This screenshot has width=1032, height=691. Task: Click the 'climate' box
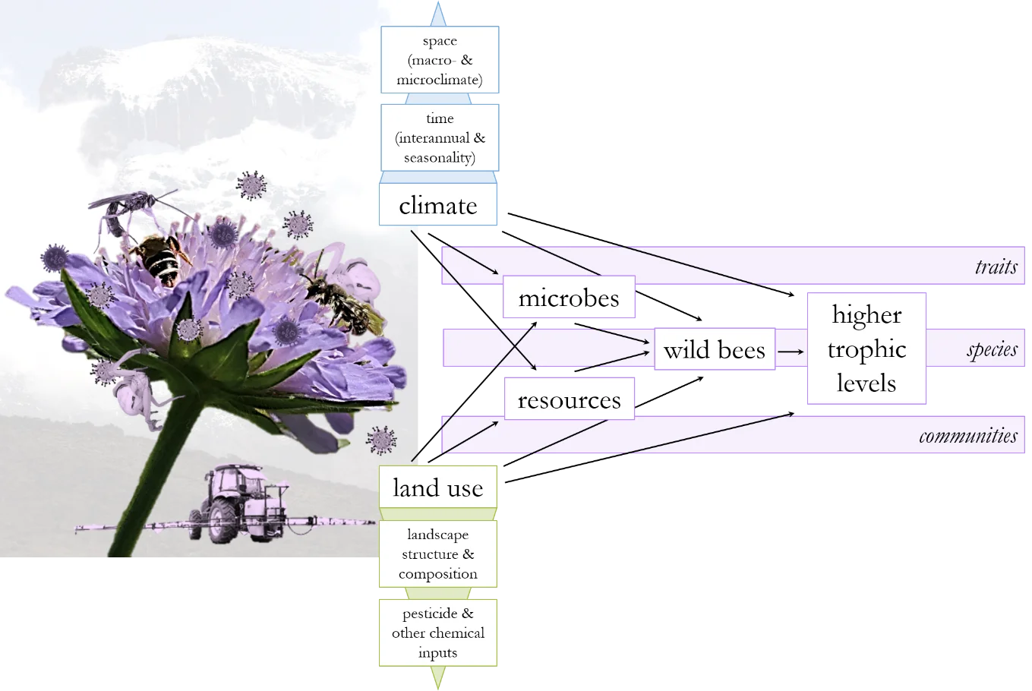coord(438,206)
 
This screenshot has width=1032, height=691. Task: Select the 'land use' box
coord(438,487)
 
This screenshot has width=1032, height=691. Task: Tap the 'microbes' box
coord(569,298)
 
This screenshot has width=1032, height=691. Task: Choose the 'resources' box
coord(569,399)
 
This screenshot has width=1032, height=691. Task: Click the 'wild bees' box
coord(714,349)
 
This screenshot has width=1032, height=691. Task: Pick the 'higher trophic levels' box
coord(866,349)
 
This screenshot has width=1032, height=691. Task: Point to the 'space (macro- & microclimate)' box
coord(440,60)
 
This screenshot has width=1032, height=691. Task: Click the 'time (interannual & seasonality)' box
coord(440,138)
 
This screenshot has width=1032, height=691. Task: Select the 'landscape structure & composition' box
coord(438,554)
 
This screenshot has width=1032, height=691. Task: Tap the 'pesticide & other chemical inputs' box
coord(438,633)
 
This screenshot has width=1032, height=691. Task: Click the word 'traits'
coord(996,266)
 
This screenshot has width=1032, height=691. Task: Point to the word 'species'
coord(992,349)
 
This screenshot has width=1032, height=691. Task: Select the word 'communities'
coord(967,436)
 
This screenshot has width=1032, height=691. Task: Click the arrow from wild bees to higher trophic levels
coord(791,352)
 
